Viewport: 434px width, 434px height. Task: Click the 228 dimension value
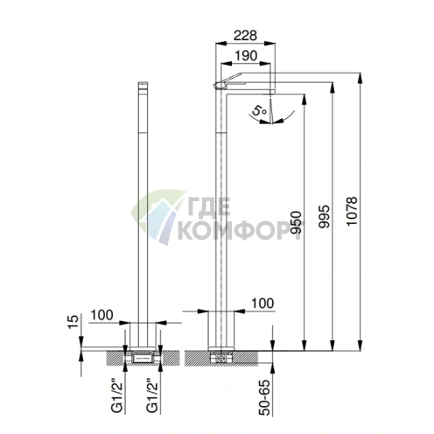[x=245, y=35]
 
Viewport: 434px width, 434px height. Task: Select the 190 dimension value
[x=246, y=55]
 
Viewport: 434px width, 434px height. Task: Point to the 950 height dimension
[x=296, y=222]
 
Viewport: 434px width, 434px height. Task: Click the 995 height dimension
[x=324, y=216]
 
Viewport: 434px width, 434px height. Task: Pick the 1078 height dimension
[x=352, y=211]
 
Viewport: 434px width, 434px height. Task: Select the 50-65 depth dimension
[x=264, y=396]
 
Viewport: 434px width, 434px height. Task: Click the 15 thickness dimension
[x=73, y=322]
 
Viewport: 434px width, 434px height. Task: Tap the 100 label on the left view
[x=102, y=315]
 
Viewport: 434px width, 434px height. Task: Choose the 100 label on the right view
[x=262, y=304]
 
